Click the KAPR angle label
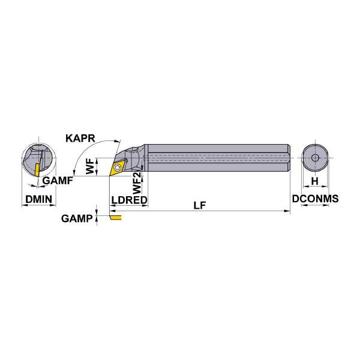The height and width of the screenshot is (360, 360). tap(80, 139)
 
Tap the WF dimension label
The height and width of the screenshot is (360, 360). tap(90, 166)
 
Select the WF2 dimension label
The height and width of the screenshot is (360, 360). tap(137, 183)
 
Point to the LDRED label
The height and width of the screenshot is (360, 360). tap(129, 200)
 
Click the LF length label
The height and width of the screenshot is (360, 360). tap(200, 205)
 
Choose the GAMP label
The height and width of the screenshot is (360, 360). tap(77, 218)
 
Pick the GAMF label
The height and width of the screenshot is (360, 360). tap(58, 181)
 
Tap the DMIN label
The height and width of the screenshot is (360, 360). tap(39, 199)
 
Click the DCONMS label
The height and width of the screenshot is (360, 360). tap(315, 199)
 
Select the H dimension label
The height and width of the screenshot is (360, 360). tap(315, 181)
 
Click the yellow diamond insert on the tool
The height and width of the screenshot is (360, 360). tap(118, 168)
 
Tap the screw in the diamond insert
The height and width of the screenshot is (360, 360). tap(118, 167)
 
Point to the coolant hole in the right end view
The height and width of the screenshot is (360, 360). tap(315, 158)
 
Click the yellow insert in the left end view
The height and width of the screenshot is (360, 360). tap(37, 170)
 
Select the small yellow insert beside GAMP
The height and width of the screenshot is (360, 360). tap(115, 217)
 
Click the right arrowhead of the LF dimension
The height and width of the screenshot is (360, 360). tap(287, 211)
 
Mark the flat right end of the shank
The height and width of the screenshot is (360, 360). tap(289, 157)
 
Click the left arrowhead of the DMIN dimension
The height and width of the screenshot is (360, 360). tap(25, 205)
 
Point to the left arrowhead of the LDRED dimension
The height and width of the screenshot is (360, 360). tap(112, 205)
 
